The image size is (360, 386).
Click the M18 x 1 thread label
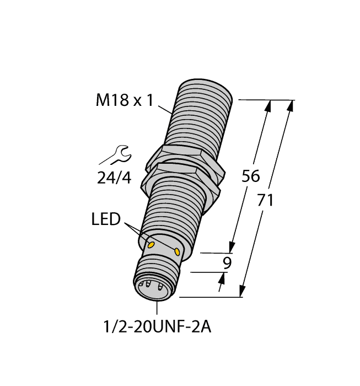125,100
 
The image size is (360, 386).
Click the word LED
106,219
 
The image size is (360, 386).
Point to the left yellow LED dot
151,245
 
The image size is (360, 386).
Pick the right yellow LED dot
177,251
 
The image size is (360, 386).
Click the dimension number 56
250,176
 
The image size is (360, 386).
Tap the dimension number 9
227,262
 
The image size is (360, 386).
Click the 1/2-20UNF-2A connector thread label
158,327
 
